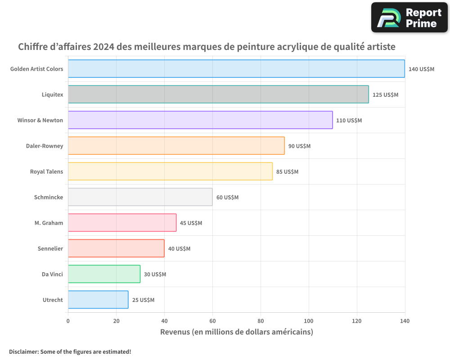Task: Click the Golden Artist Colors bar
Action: pos(236,69)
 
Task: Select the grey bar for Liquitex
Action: pos(218,94)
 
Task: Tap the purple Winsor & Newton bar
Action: pos(200,120)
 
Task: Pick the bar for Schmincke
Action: pos(140,197)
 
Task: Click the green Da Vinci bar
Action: pos(104,274)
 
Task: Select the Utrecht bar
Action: pos(98,300)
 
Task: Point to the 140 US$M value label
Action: pos(421,69)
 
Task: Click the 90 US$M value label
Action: pos(299,146)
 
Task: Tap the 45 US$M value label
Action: pos(191,223)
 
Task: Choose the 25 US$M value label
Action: pos(143,300)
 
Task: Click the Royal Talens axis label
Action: pos(46,171)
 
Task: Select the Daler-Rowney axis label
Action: pos(45,146)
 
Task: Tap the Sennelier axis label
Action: pos(50,248)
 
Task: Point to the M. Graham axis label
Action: pos(49,223)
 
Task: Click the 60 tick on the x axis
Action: pos(212,321)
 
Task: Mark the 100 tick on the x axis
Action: pos(309,321)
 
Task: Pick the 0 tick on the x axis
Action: pos(68,321)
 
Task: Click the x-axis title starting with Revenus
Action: pos(236,332)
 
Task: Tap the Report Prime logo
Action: pos(409,18)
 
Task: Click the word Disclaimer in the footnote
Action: pos(23,351)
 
